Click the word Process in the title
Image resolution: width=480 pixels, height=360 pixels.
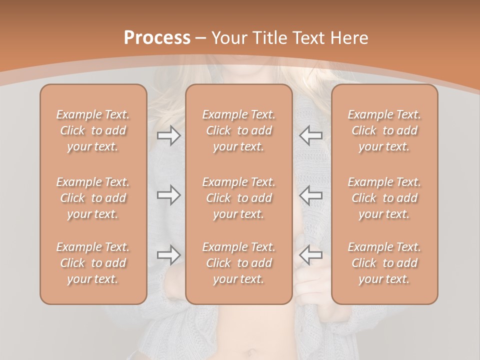click(x=157, y=38)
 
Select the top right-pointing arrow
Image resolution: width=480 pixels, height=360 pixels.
click(x=169, y=135)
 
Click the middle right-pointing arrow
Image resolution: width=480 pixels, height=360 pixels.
click(x=169, y=195)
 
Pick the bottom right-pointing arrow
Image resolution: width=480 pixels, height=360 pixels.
click(x=169, y=255)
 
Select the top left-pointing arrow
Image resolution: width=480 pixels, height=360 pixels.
click(x=310, y=135)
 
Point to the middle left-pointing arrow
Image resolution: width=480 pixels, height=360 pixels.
click(x=310, y=195)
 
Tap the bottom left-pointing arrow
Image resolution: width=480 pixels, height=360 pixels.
click(x=310, y=255)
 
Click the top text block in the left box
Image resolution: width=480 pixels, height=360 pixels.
click(x=93, y=130)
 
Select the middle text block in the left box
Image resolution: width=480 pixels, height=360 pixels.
click(x=93, y=198)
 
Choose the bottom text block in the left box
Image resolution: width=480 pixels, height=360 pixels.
click(x=93, y=263)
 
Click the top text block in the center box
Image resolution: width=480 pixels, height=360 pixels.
click(x=239, y=130)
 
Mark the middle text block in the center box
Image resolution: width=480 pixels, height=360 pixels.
click(x=239, y=198)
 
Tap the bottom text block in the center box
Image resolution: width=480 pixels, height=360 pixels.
click(x=239, y=263)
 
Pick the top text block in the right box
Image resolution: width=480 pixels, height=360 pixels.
click(x=384, y=130)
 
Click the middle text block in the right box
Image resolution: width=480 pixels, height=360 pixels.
click(x=384, y=198)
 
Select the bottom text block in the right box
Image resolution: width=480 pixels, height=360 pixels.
click(x=384, y=263)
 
